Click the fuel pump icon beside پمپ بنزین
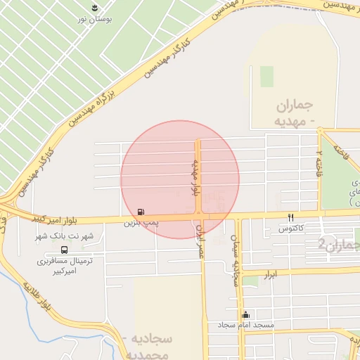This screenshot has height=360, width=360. (x=142, y=212)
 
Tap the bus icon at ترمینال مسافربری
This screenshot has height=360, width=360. (x=65, y=249)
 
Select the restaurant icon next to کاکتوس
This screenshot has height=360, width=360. (x=290, y=217)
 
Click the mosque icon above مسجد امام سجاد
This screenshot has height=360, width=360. (x=245, y=314)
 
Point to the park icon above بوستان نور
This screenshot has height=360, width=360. (x=94, y=8)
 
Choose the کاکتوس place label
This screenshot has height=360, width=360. (x=290, y=229)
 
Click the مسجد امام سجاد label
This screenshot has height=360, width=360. (x=245, y=326)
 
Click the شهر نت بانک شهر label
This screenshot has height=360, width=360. (x=65, y=236)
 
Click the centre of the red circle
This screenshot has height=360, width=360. (x=180, y=179)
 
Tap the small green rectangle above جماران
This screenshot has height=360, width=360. (x=266, y=77)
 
